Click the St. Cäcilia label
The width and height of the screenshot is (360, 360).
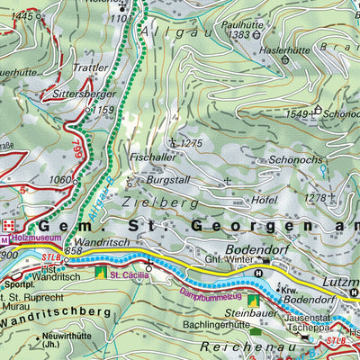click(128, 274)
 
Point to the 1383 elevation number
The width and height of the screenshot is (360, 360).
click(238, 34)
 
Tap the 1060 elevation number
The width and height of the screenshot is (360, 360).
click(61, 179)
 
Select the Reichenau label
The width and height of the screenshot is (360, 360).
click(242, 345)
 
